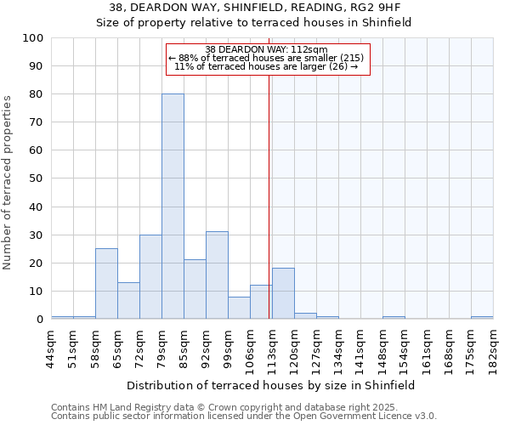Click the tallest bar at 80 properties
pyautogui.click(x=173, y=207)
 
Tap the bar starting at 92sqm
pyautogui.click(x=217, y=275)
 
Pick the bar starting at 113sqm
pyautogui.click(x=283, y=294)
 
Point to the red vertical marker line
pyautogui.click(x=269, y=195)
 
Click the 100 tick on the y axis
pyautogui.click(x=33, y=38)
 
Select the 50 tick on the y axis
pyautogui.click(x=37, y=178)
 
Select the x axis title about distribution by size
pyautogui.click(x=272, y=385)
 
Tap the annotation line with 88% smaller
pyautogui.click(x=267, y=58)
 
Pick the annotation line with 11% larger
pyautogui.click(x=267, y=66)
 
